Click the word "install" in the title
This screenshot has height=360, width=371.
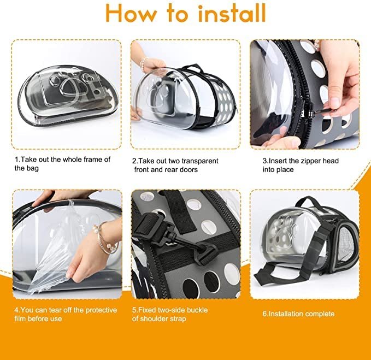coord(232,13)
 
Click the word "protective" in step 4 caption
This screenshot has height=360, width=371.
coord(101,310)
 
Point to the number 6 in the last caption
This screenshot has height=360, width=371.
coord(264,314)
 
